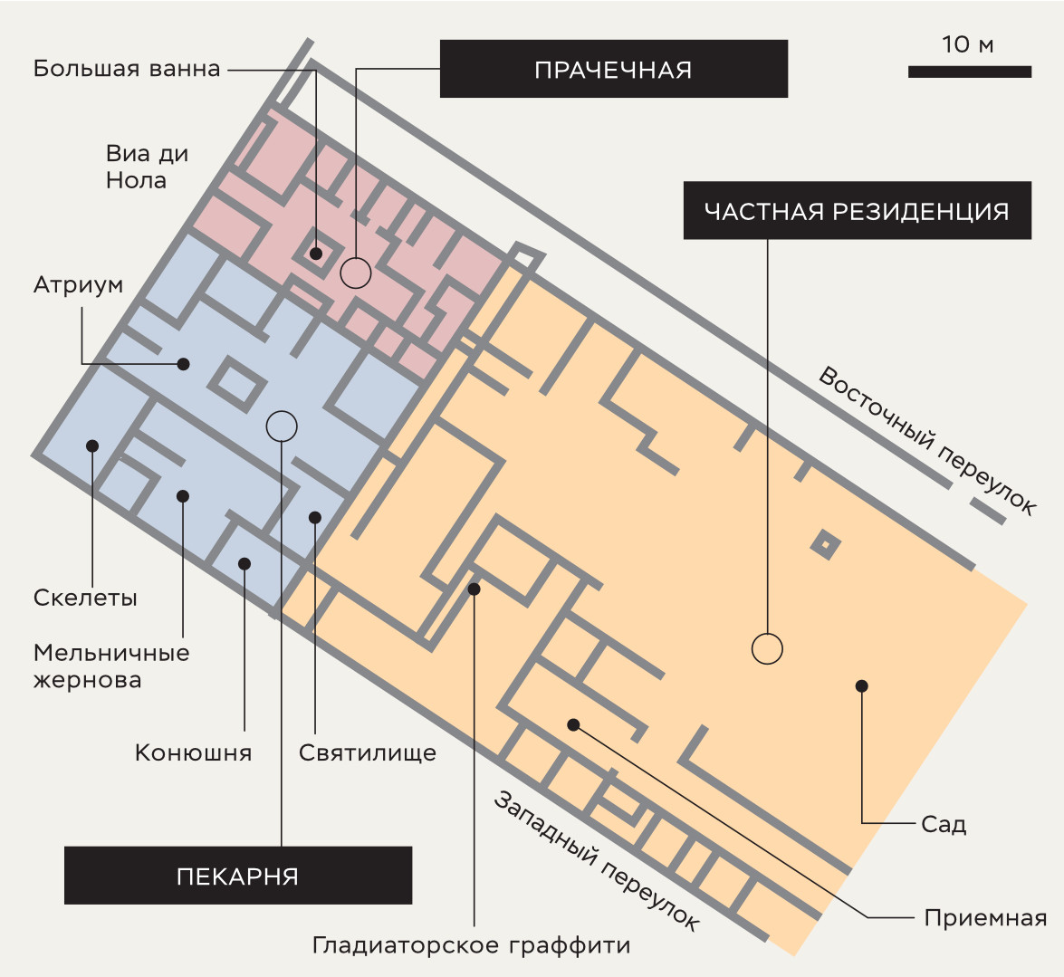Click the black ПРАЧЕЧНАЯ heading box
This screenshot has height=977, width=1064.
[x=613, y=69]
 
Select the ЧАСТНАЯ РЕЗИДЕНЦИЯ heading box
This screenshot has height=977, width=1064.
[x=857, y=210]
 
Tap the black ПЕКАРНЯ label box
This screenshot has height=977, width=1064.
[x=238, y=876]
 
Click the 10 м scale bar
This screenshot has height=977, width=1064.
[x=970, y=72]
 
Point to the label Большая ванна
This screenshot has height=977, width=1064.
[x=127, y=69]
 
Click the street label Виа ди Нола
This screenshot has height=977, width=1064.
[x=147, y=167]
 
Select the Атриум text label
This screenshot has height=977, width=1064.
[x=78, y=285]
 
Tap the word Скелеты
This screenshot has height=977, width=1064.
[x=85, y=598]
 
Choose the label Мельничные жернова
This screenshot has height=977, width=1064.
[x=111, y=666]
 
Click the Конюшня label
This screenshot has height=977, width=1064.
[x=194, y=752]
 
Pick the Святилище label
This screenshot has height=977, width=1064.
[x=368, y=752]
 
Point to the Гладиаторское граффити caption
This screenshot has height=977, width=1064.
[x=472, y=945]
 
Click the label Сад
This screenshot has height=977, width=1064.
[x=944, y=824]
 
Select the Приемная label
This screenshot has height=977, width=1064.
[x=985, y=918]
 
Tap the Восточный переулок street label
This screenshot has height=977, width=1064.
[x=927, y=441]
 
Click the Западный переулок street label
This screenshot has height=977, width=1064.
[x=596, y=861]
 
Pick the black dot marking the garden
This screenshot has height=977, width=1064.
[x=862, y=686]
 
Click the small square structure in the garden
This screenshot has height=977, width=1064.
[x=825, y=544]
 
